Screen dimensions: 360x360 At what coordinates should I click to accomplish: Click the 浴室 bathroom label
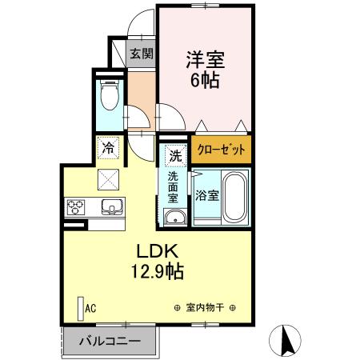(x=206, y=196)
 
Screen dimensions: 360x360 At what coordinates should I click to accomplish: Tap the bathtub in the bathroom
(x=234, y=196)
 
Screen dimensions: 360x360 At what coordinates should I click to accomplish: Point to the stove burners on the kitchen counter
(x=78, y=206)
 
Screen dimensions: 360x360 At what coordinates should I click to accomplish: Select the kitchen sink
(x=110, y=206)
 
